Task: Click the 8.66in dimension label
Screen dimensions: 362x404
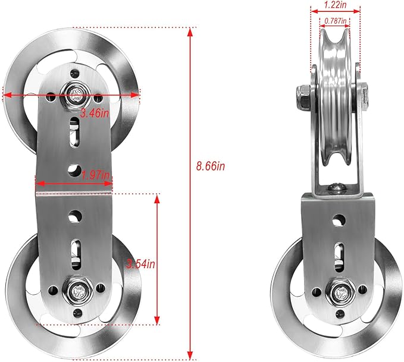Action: click(211, 166)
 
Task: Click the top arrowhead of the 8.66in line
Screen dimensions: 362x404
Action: click(190, 32)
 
